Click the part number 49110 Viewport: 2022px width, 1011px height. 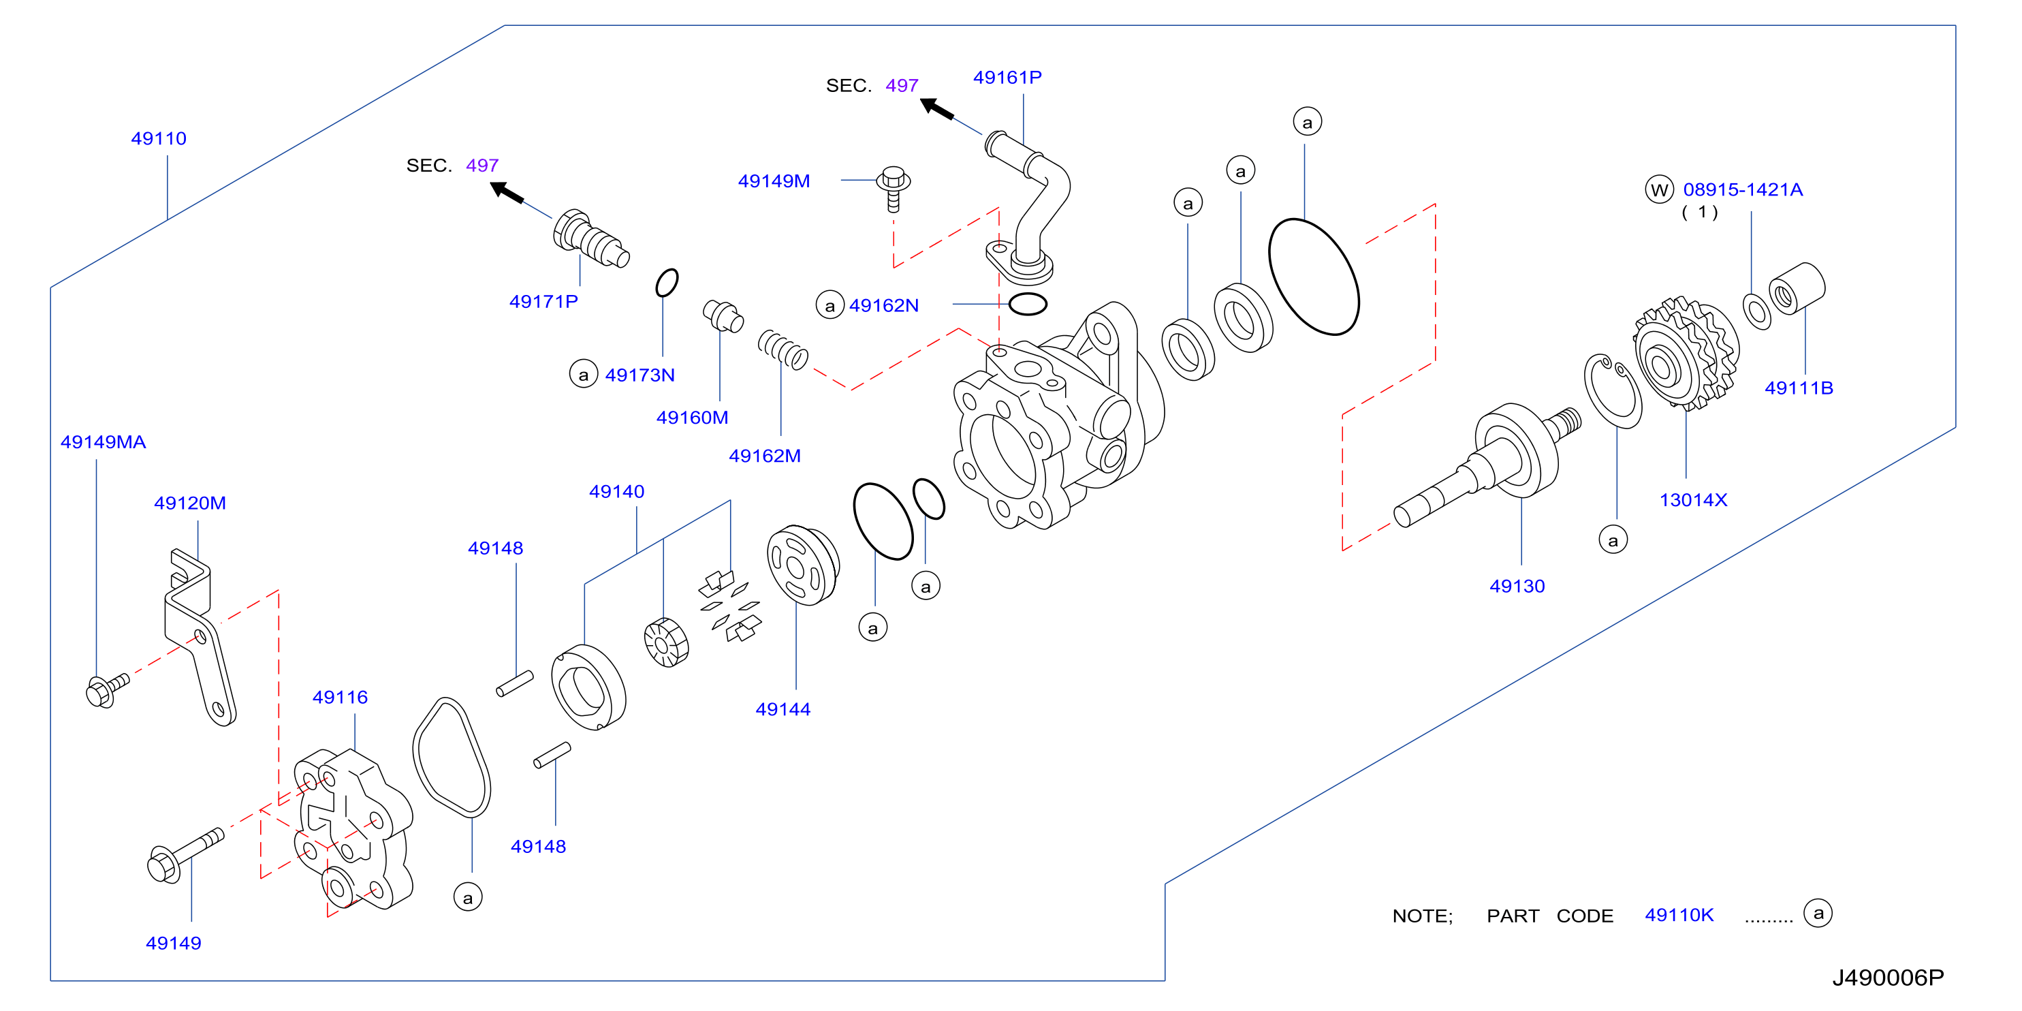(x=159, y=139)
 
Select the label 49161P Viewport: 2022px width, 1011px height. (x=1007, y=78)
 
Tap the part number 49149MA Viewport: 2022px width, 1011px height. (x=103, y=442)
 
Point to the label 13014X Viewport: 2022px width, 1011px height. (x=1693, y=500)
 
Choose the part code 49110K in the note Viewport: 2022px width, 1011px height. (x=1679, y=915)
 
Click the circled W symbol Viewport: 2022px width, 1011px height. (x=1658, y=190)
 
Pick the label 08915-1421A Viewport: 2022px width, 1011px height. (x=1743, y=190)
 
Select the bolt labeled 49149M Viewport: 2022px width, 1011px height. (x=894, y=189)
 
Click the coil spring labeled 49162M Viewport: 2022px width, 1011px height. (x=783, y=349)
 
